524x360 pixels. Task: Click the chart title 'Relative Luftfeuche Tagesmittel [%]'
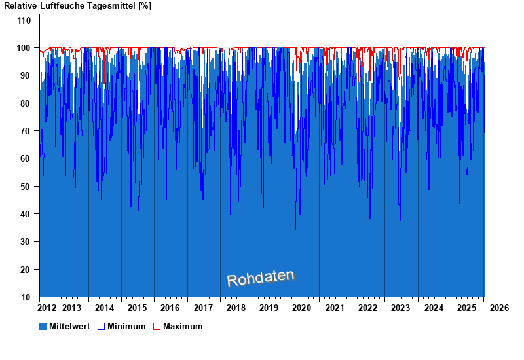(x=78, y=6)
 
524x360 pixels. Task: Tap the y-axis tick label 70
(x=26, y=131)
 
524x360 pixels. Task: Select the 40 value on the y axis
(x=26, y=214)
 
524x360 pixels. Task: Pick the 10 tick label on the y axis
(x=26, y=297)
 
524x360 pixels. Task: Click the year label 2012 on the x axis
(x=47, y=308)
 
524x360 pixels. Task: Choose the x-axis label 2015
(x=138, y=308)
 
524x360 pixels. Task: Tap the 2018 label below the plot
(x=236, y=308)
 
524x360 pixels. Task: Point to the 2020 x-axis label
(x=302, y=308)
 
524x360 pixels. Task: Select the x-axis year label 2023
(x=400, y=308)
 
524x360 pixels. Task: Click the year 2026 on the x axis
(x=499, y=308)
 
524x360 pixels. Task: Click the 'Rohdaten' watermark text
(x=261, y=278)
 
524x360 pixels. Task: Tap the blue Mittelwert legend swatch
(x=43, y=326)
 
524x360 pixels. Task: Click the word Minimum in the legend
(x=126, y=326)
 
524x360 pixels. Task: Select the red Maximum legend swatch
(x=157, y=326)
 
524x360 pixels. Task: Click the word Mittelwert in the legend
(x=70, y=326)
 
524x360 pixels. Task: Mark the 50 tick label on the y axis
(x=26, y=187)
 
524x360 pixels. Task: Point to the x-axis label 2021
(x=335, y=308)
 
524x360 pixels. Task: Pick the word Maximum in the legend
(x=183, y=326)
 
